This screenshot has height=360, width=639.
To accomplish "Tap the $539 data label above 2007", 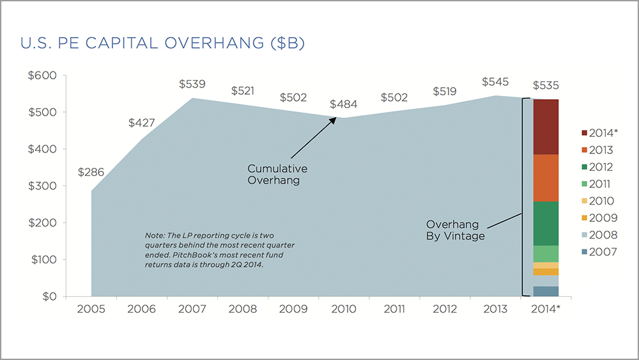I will (x=192, y=84).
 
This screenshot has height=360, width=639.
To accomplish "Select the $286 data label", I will (x=91, y=172).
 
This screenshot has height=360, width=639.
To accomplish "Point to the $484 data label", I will (x=343, y=104).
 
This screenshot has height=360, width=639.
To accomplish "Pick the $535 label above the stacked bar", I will (x=546, y=86).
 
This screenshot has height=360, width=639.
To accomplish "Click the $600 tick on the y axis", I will (x=43, y=75).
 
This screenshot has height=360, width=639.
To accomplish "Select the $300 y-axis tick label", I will (x=43, y=186).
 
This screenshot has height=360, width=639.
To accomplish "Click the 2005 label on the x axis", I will (x=91, y=309).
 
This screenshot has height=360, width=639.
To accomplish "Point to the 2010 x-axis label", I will (x=343, y=309).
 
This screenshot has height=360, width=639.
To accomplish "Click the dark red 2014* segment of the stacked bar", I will (x=546, y=127).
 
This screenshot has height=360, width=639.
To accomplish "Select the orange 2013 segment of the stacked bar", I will (x=546, y=178).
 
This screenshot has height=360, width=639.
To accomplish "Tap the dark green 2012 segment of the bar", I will (x=546, y=223).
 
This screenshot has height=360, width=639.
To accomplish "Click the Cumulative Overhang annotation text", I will (x=277, y=175).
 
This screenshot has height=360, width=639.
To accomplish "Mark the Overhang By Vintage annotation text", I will (x=456, y=230).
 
